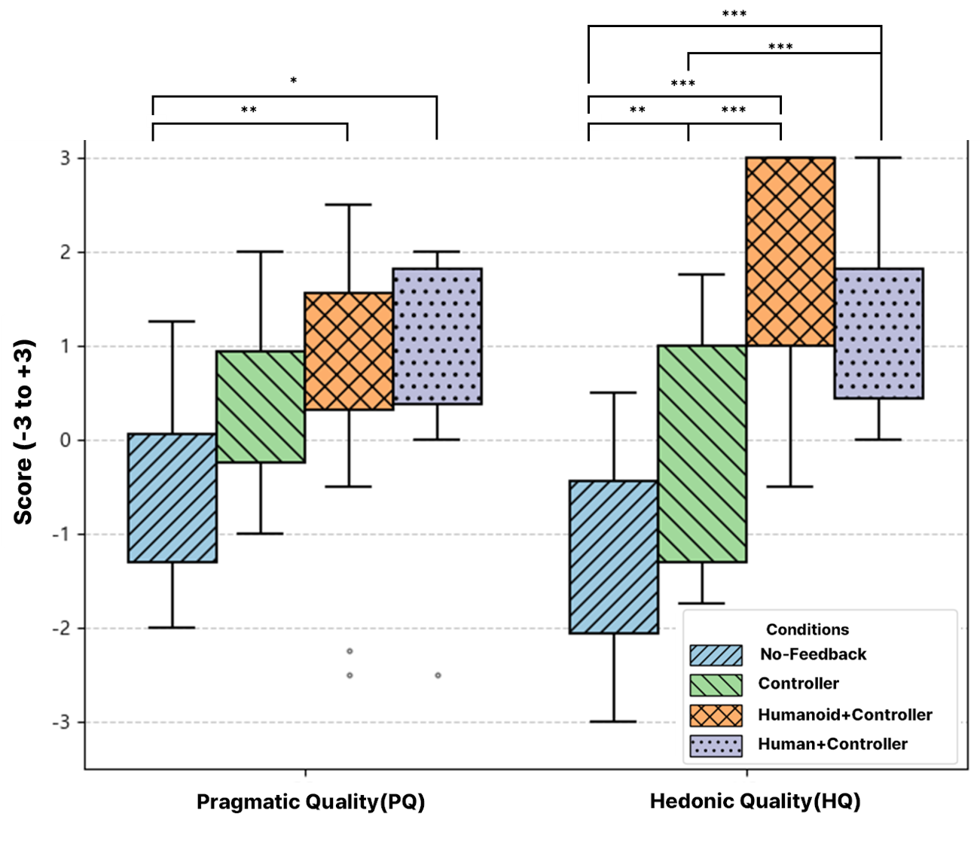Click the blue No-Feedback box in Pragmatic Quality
pyautogui.click(x=172, y=498)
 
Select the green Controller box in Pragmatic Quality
pyautogui.click(x=261, y=407)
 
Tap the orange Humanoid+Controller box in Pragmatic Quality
pyautogui.click(x=349, y=351)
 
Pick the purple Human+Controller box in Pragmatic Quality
pyautogui.click(x=437, y=336)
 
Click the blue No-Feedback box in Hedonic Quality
pyautogui.click(x=613, y=556)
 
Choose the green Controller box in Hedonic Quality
pyautogui.click(x=702, y=453)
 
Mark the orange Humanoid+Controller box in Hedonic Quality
pyautogui.click(x=790, y=251)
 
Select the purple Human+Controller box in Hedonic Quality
pyautogui.click(x=879, y=333)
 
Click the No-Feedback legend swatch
pyautogui.click(x=716, y=655)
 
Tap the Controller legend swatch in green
pyautogui.click(x=716, y=684)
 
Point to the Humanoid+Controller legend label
pyautogui.click(x=845, y=714)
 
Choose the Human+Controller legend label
pyautogui.click(x=832, y=744)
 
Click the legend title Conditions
pyautogui.click(x=807, y=629)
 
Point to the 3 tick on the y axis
pyautogui.click(x=66, y=158)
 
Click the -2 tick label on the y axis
pyautogui.click(x=62, y=629)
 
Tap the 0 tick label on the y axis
pyautogui.click(x=66, y=440)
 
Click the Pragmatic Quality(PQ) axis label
pyautogui.click(x=310, y=801)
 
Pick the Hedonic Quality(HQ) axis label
pyautogui.click(x=755, y=801)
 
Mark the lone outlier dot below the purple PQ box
pyautogui.click(x=438, y=675)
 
